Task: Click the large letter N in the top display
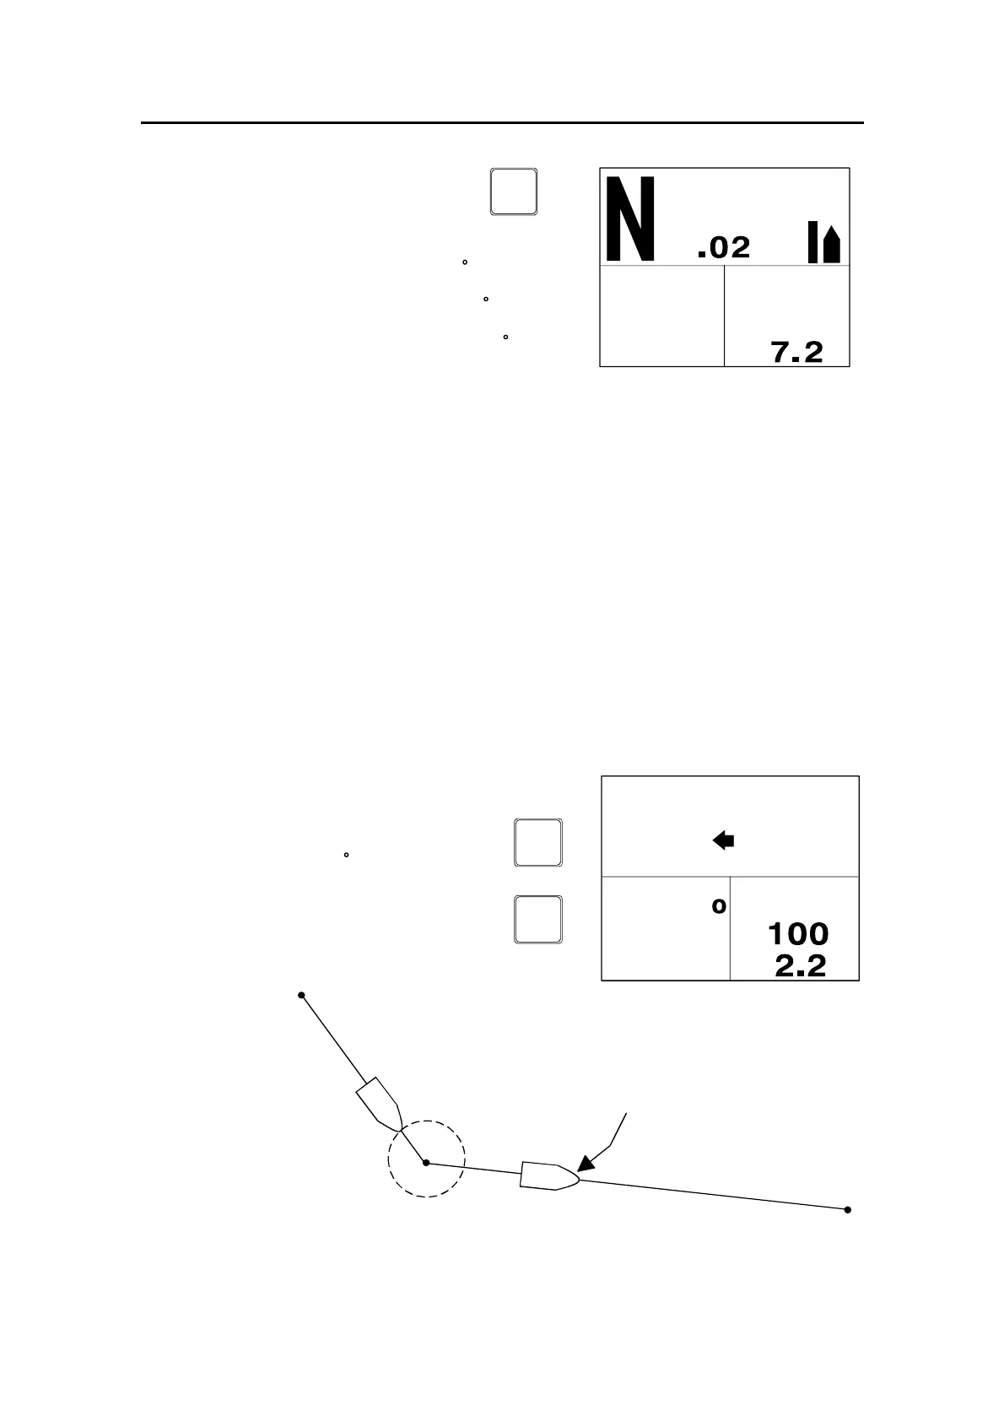coord(631,219)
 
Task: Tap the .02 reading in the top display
coord(724,247)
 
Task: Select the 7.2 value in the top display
coord(797,352)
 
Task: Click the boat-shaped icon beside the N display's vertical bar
coord(832,245)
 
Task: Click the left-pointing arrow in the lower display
coord(723,840)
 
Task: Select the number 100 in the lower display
coord(797,934)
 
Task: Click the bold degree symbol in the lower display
coord(719,907)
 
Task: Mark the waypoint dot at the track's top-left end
coord(301,996)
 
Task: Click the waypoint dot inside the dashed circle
coord(426,1163)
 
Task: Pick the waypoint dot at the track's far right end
coord(847,1210)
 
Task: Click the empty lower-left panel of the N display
coord(661,316)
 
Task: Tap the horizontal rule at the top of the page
coord(502,123)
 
